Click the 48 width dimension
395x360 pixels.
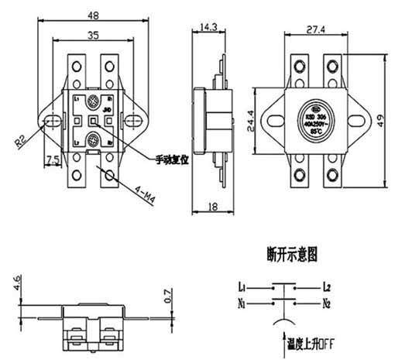92,14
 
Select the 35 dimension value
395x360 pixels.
92,35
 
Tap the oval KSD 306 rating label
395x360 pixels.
312,121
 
